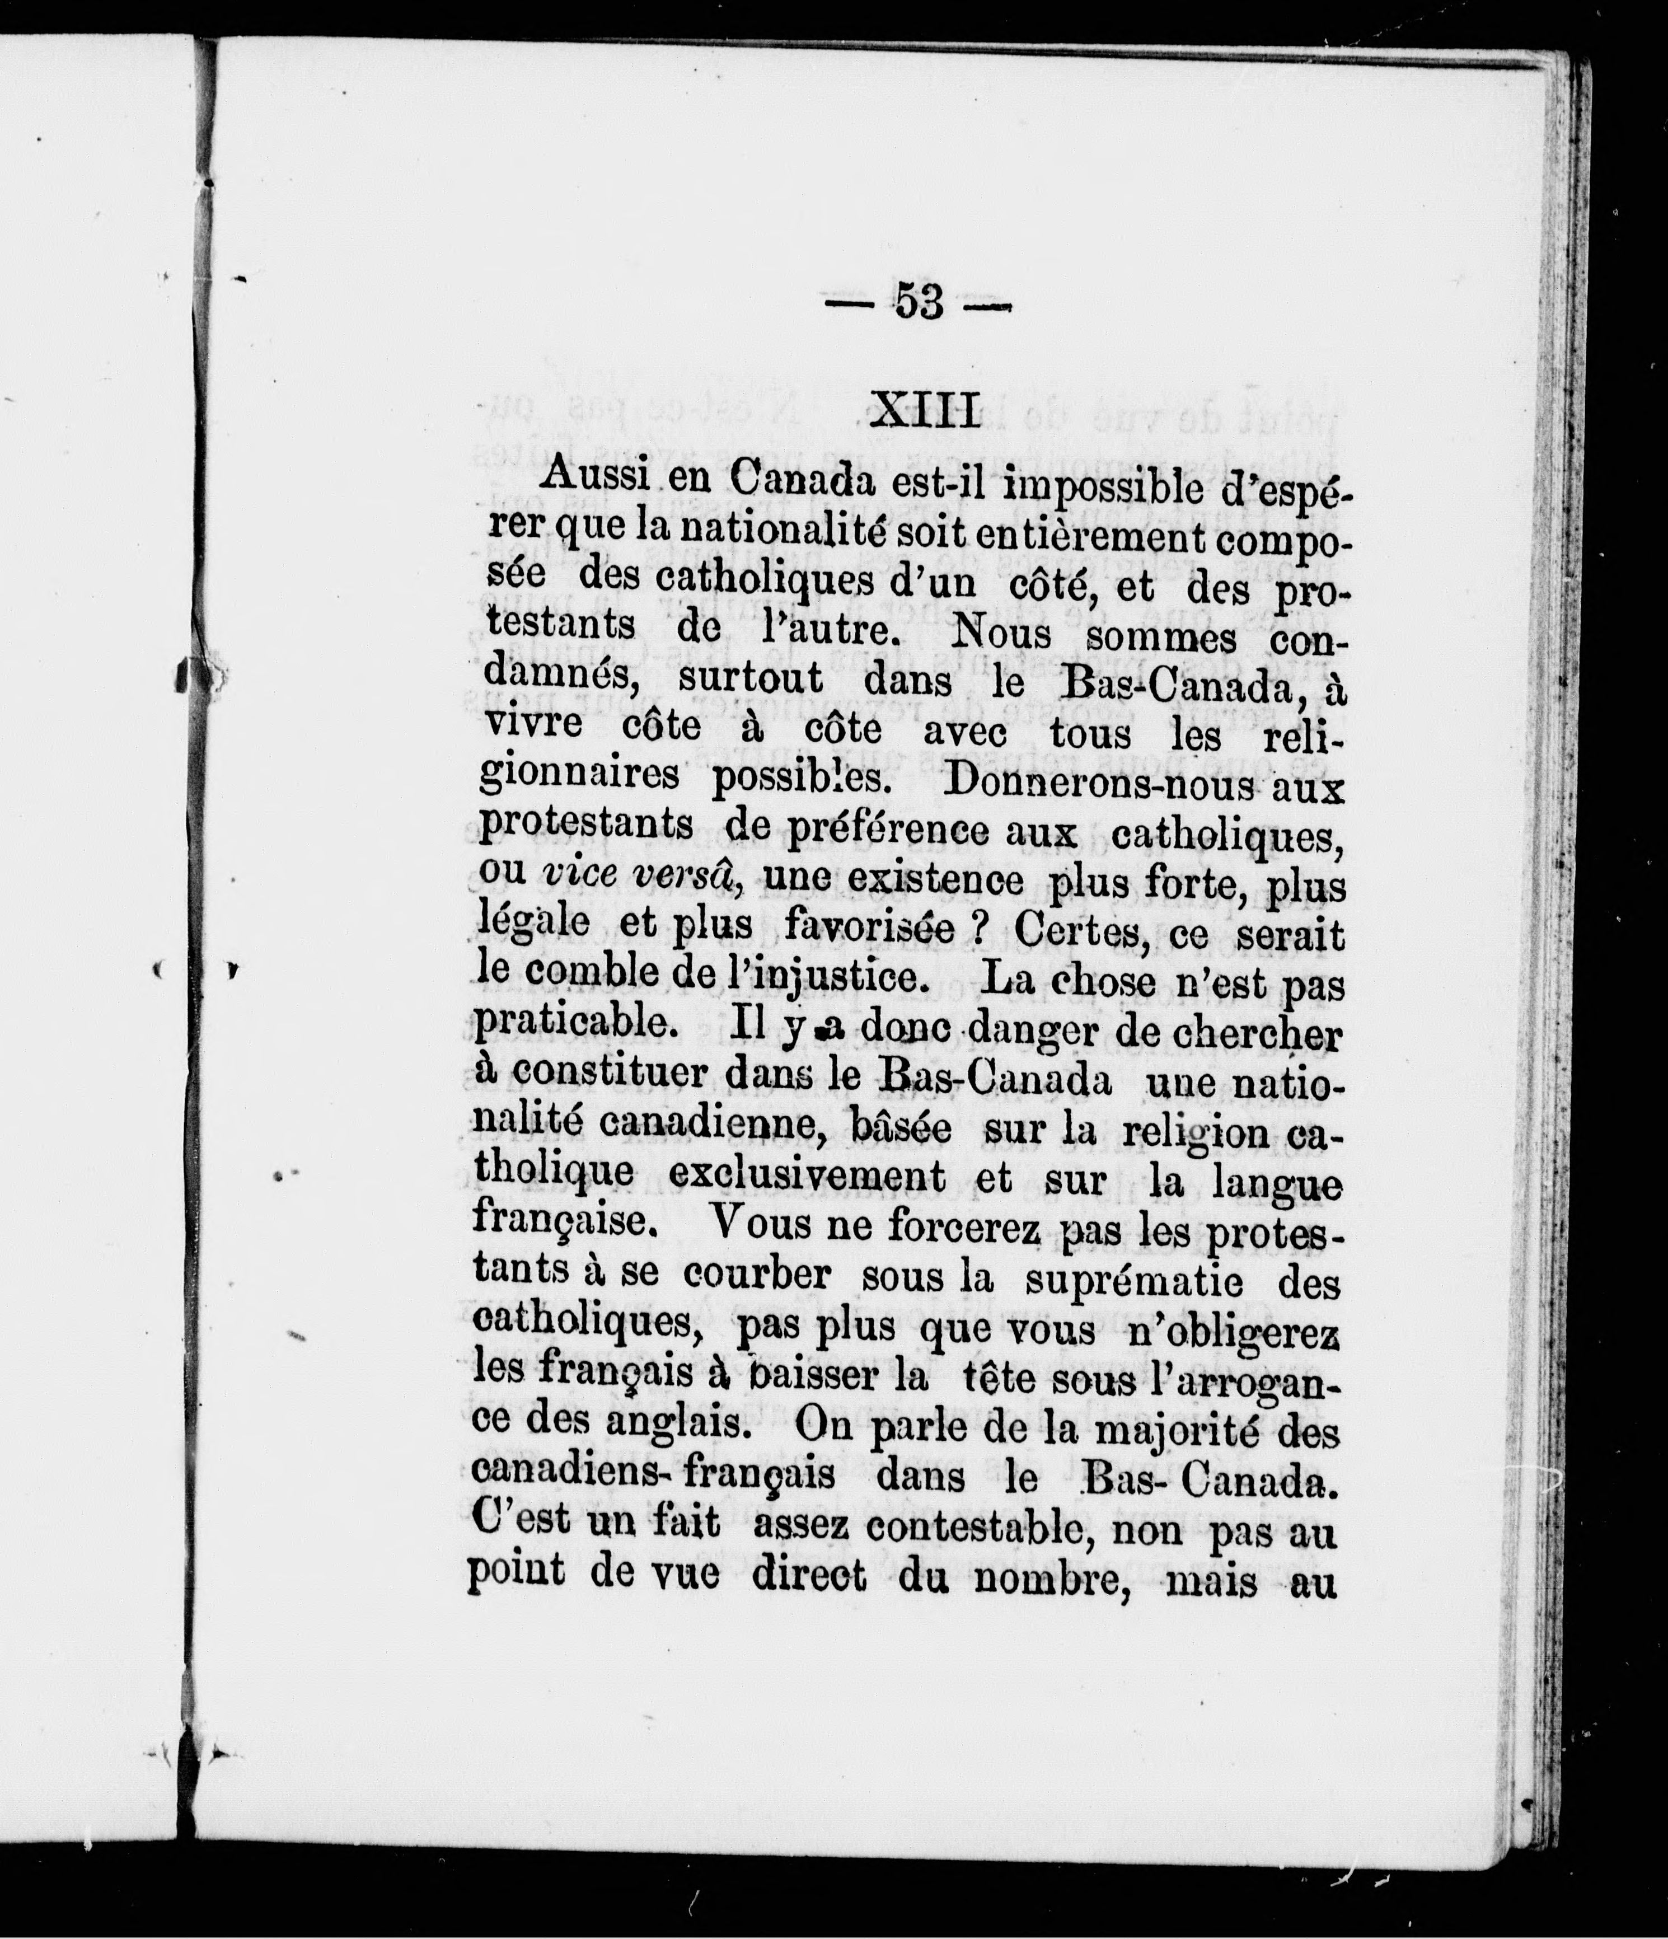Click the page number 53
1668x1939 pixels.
pyautogui.click(x=919, y=302)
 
